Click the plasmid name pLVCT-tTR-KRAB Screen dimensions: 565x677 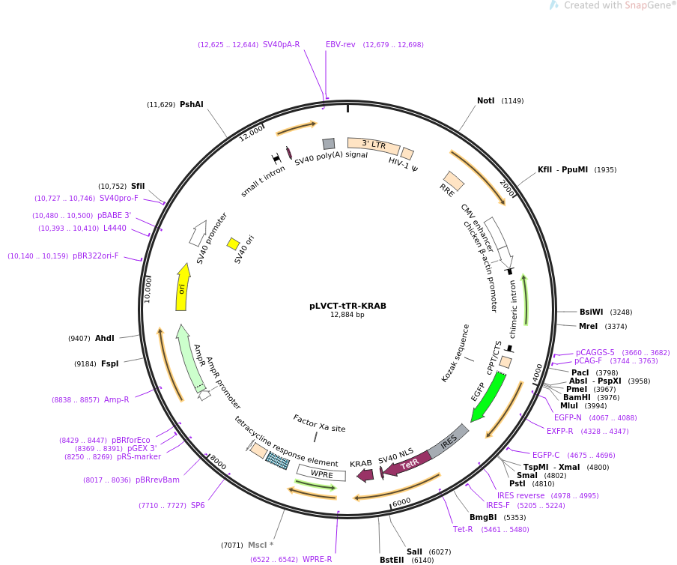(x=347, y=306)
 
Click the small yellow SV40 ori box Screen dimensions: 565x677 (x=233, y=244)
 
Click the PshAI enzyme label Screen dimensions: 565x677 (x=191, y=104)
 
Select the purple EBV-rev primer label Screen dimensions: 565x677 (x=340, y=44)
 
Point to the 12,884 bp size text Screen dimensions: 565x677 (x=347, y=315)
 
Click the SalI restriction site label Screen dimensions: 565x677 (x=414, y=552)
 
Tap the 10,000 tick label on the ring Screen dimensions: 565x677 (x=148, y=288)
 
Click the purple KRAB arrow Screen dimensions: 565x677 (x=365, y=474)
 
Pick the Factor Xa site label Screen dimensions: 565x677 (x=319, y=423)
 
